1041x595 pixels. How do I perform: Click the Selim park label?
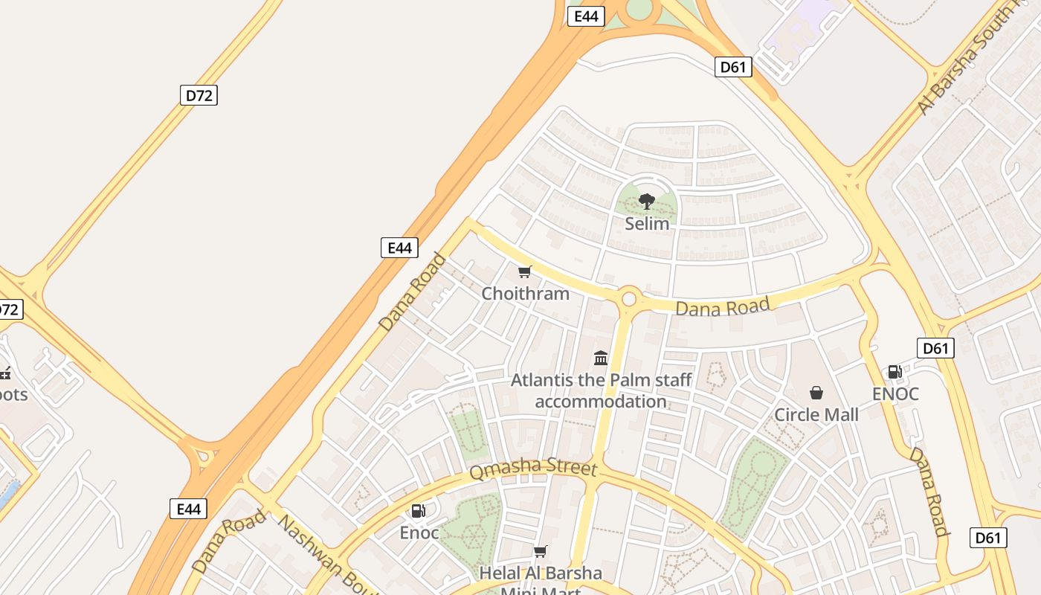[x=647, y=224]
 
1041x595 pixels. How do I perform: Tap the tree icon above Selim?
[x=647, y=201]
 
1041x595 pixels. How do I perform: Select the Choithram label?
[x=525, y=294]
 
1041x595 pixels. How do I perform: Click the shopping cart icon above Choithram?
[x=525, y=271]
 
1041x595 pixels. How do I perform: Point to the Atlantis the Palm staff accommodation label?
[x=601, y=390]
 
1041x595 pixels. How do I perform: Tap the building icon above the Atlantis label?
[x=601, y=358]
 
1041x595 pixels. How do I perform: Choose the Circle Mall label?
[x=816, y=415]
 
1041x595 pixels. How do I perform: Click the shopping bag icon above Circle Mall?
[x=816, y=392]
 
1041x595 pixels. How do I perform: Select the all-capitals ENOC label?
[x=895, y=394]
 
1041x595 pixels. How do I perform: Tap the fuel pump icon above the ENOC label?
[x=895, y=372]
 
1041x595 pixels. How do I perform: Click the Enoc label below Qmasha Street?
[x=419, y=533]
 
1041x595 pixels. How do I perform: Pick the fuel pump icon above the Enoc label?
[x=419, y=511]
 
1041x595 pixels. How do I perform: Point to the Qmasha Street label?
[x=533, y=469]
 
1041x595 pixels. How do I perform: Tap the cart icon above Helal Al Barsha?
[x=541, y=551]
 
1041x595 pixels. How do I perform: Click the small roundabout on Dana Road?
[x=629, y=299]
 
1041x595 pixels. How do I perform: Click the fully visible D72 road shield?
[x=199, y=95]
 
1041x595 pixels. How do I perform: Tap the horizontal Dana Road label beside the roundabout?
[x=722, y=306]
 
